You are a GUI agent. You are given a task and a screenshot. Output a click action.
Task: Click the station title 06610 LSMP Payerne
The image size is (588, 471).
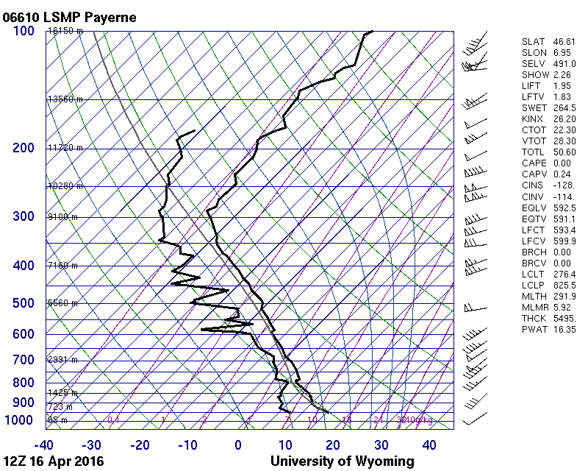70,17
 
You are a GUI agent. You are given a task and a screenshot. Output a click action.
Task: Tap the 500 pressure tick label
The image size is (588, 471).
23,303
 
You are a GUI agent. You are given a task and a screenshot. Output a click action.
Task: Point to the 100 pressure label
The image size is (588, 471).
23,31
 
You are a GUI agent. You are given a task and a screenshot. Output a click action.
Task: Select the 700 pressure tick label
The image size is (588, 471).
23,360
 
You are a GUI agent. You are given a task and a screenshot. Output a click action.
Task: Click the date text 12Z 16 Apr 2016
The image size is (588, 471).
54,461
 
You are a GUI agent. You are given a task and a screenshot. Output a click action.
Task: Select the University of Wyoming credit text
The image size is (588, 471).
342,461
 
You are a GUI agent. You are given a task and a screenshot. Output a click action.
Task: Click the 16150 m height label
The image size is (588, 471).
65,32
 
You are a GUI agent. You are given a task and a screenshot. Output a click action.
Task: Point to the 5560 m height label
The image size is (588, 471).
62,303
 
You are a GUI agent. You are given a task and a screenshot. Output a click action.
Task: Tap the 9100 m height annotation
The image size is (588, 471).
62,217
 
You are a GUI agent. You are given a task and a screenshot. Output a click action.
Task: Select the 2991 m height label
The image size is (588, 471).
62,360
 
